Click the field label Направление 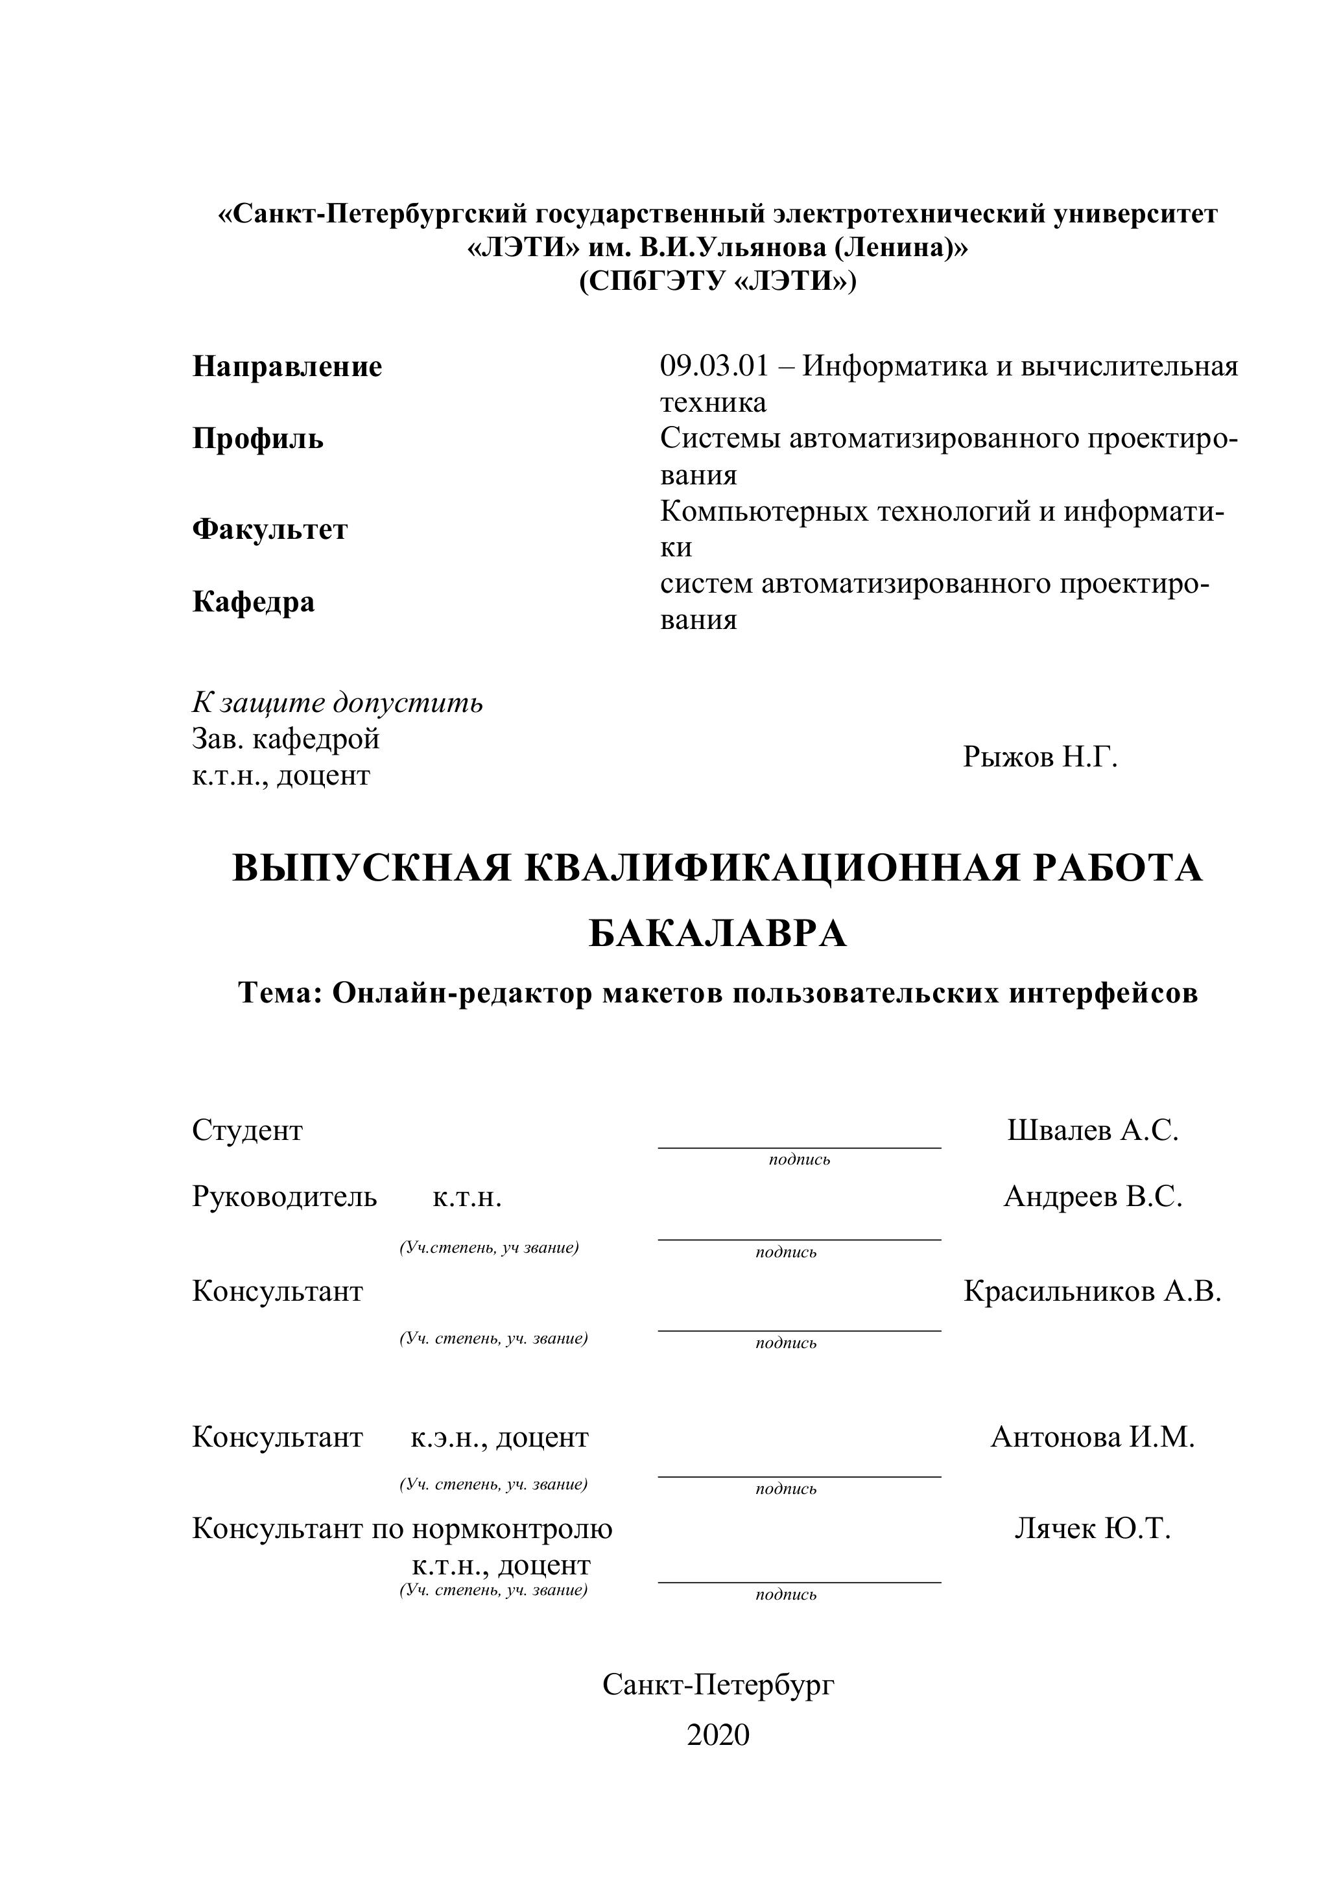coord(287,366)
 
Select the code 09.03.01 coord(713,366)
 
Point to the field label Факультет coord(270,528)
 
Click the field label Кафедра coord(254,601)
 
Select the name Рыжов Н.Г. coord(1039,757)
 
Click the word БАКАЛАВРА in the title coord(718,934)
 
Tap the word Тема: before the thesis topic coord(280,993)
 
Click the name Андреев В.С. coord(1093,1196)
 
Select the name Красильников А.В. coord(1091,1291)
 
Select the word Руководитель coord(284,1196)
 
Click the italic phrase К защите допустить coord(338,703)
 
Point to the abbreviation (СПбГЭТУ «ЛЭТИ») coord(718,281)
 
